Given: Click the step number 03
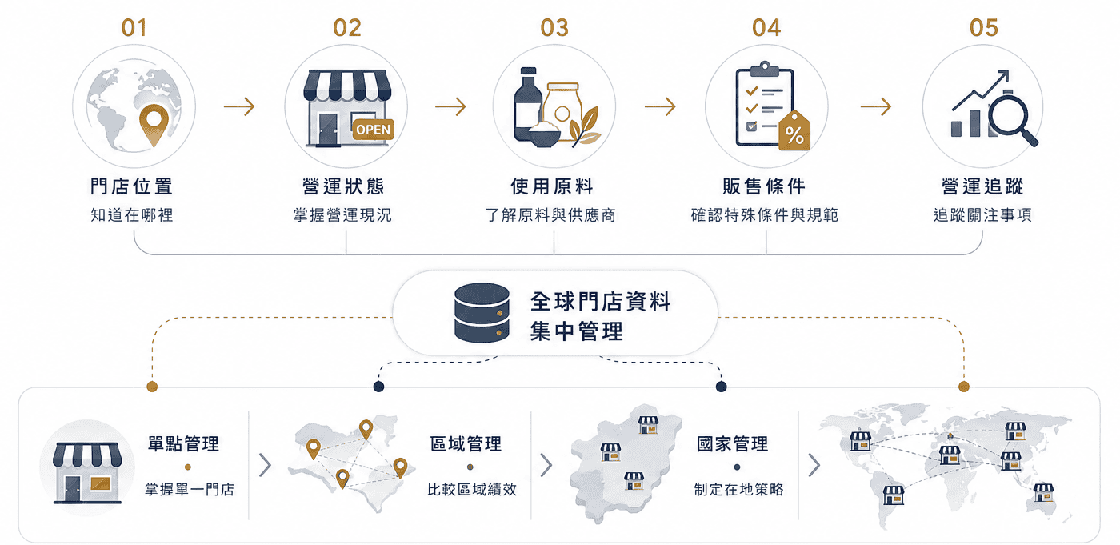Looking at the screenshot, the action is (554, 27).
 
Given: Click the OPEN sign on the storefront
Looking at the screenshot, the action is (373, 130).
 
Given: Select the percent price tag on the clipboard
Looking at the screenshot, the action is (794, 131).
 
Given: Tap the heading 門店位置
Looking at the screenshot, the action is (131, 186).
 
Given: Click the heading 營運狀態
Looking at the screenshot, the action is (343, 186).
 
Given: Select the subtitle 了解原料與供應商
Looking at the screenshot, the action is (550, 215).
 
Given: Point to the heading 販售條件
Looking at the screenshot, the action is (764, 186).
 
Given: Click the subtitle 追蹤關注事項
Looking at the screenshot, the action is (982, 215).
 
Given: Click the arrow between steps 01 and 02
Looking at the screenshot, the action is (239, 106).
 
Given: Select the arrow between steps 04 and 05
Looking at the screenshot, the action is (875, 106).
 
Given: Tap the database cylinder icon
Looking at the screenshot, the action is (482, 313).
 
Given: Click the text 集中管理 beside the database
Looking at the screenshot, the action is (577, 331).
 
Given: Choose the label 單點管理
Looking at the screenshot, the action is (183, 443).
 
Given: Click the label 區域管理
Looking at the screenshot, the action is (466, 443).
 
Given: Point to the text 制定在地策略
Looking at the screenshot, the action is (738, 489).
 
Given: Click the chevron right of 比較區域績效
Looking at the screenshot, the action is (546, 465).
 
